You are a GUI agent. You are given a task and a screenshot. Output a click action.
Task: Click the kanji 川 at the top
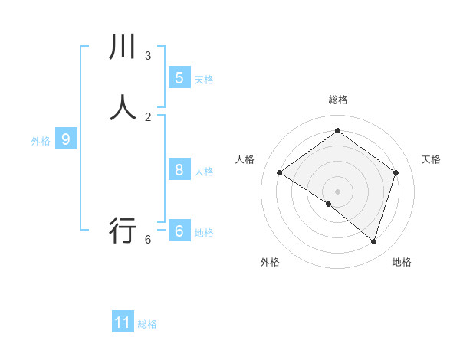pos(123,47)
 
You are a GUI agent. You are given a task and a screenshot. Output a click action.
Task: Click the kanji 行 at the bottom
pos(123,230)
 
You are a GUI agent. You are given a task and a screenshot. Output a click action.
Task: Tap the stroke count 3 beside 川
pos(148,56)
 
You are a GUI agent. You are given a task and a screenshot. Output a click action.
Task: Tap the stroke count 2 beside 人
pos(148,116)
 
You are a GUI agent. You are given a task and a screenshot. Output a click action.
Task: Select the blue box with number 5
pos(179,78)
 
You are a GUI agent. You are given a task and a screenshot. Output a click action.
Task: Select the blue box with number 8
pos(179,170)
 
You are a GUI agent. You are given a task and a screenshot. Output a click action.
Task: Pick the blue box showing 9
pos(66,139)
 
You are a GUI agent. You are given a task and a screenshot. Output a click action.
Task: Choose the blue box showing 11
pos(123,322)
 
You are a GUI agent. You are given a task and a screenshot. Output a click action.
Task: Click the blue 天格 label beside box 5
pos(204,80)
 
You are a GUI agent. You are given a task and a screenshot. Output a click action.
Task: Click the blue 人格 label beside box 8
pos(204,172)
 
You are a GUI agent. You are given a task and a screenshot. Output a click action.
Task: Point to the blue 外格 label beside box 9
pos(41,141)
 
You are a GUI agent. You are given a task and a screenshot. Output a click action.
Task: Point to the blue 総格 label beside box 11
pos(147,324)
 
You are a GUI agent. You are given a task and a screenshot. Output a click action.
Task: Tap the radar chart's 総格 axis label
pos(338,100)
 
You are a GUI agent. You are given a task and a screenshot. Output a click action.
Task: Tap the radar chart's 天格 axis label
pos(431,159)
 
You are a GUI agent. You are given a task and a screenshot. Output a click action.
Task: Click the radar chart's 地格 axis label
pos(402,262)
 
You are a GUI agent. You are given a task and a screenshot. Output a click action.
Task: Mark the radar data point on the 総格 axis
pos(337,130)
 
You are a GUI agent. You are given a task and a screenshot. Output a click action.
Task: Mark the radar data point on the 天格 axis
pos(396,172)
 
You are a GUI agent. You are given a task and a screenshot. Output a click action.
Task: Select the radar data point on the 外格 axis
pos(329,204)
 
